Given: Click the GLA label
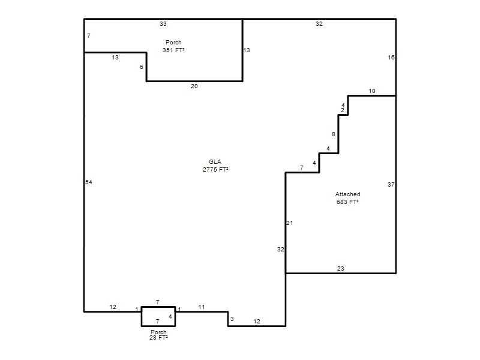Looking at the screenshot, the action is tap(215, 161).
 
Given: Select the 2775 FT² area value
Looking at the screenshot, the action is tap(215, 169).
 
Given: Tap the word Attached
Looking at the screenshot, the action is tap(348, 194).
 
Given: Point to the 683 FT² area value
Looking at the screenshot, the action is tap(347, 202).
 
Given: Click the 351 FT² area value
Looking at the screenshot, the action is tap(173, 50).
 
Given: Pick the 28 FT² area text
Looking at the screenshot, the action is tap(158, 337).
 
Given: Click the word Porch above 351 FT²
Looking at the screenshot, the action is tap(173, 42).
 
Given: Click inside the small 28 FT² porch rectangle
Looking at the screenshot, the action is tap(158, 316).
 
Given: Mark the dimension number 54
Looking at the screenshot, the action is tap(89, 182).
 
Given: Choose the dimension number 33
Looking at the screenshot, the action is tap(163, 23).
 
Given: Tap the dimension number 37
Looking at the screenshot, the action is tap(391, 185).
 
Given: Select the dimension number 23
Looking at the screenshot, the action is tap(341, 268).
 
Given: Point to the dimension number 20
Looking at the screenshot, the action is tap(194, 86).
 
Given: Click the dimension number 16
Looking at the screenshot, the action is tap(391, 57).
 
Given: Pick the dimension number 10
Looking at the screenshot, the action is tap(372, 91).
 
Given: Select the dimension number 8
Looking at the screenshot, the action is tap(334, 134).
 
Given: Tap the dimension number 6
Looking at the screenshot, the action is tap(142, 67).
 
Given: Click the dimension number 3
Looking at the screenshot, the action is tap(232, 319).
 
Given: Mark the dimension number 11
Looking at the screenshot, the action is tap(202, 307).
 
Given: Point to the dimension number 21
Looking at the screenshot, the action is tap(290, 223).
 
